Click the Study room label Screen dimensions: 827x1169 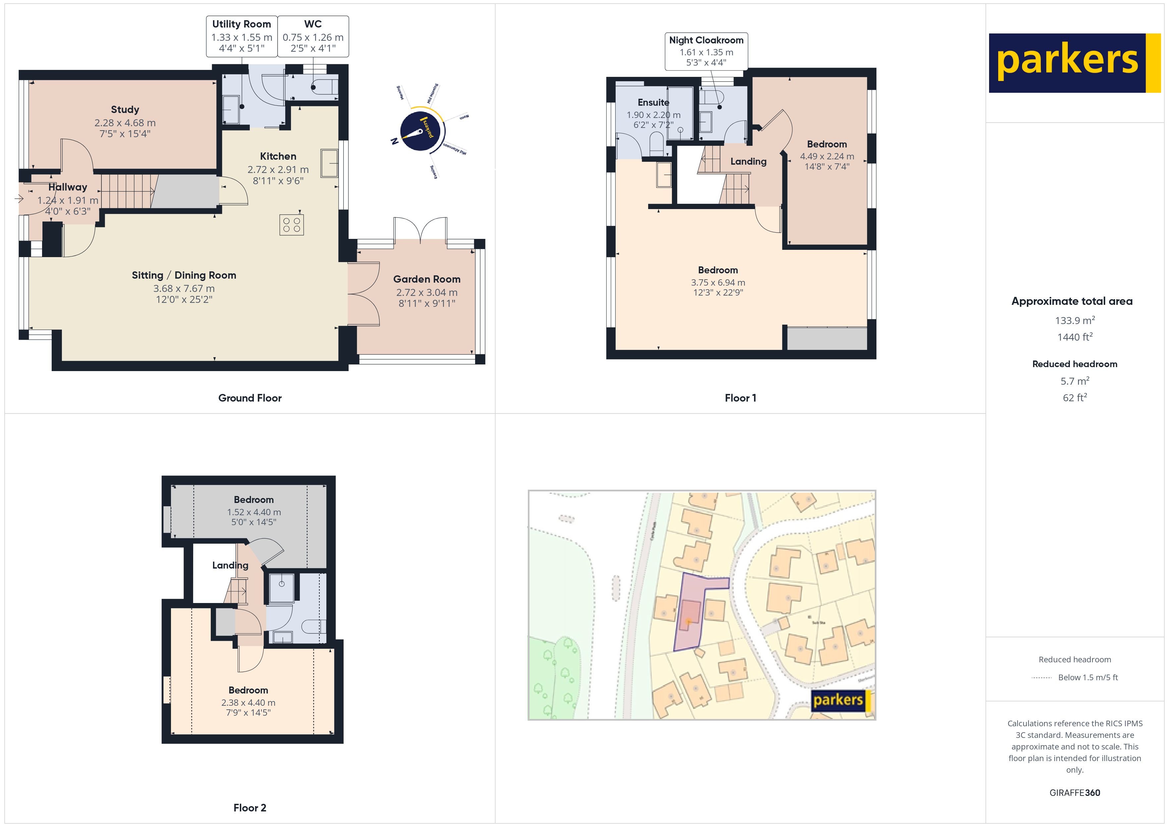[x=125, y=109]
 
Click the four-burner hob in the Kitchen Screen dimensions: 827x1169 [x=291, y=225]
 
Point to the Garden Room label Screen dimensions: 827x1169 [x=427, y=279]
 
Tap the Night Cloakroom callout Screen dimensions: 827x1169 [x=706, y=51]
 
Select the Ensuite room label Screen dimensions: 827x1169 [x=653, y=102]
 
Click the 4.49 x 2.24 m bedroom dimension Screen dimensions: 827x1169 [x=826, y=156]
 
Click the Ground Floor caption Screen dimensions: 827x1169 [x=250, y=398]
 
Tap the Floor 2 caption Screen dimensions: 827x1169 [x=250, y=808]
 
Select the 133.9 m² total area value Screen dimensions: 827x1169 [x=1074, y=320]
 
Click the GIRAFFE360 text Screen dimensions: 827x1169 [x=1074, y=792]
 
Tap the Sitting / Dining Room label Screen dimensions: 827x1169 [x=184, y=275]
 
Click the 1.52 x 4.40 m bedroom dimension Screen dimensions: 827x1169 [x=253, y=512]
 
